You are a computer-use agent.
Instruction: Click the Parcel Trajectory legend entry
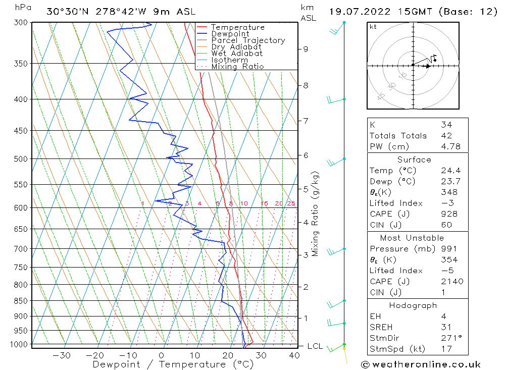click(x=248, y=40)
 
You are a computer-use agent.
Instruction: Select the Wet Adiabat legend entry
click(x=237, y=54)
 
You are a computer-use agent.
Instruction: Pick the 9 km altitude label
click(x=306, y=49)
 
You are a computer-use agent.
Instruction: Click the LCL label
click(x=315, y=346)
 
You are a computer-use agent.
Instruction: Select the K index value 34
click(x=446, y=125)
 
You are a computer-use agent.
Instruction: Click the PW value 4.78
click(x=449, y=146)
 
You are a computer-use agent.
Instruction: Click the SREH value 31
click(x=446, y=327)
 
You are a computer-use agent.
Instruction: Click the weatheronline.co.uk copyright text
click(x=421, y=364)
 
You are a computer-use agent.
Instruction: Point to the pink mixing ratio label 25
click(x=291, y=203)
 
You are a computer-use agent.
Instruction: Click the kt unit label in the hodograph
click(x=373, y=27)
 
